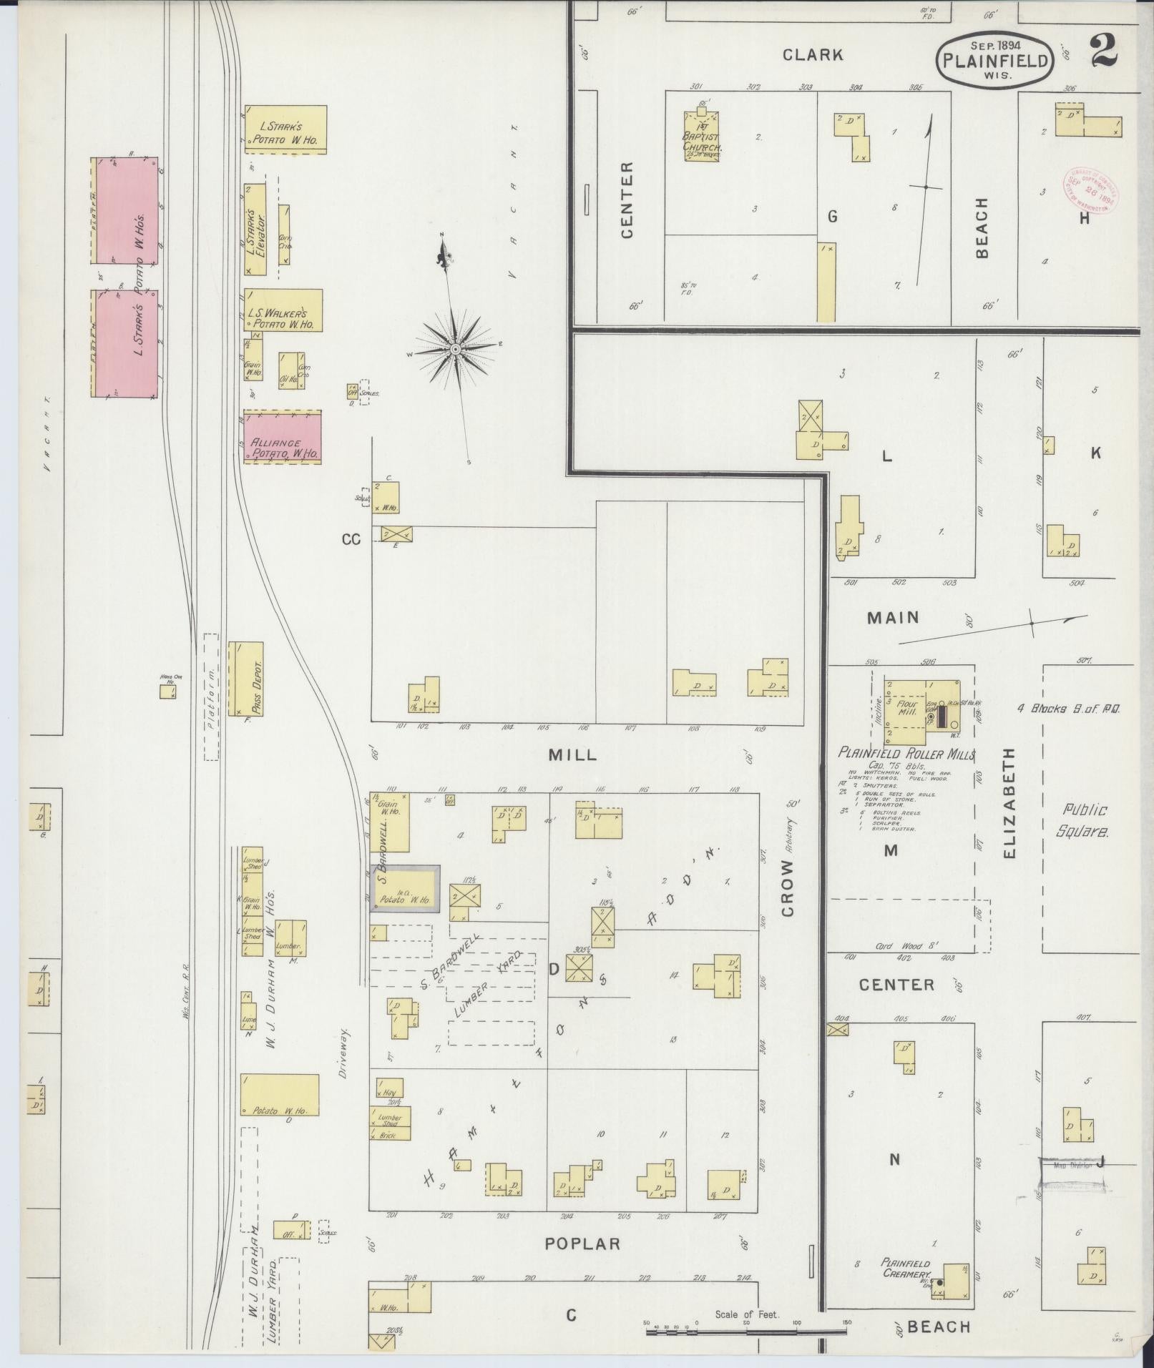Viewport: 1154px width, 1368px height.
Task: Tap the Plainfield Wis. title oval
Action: pos(994,60)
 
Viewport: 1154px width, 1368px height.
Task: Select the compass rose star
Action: pos(455,348)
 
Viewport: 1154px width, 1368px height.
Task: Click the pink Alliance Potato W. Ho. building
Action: pos(283,437)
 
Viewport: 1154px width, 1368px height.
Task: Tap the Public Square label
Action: pos(1085,820)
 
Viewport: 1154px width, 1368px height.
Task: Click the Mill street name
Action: pos(572,755)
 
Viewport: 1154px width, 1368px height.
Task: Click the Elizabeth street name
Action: pos(1009,803)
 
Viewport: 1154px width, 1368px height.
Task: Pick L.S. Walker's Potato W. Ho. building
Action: pos(283,310)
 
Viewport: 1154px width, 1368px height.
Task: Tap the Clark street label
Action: pos(812,54)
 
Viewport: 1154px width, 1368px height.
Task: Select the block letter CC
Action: pos(351,540)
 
